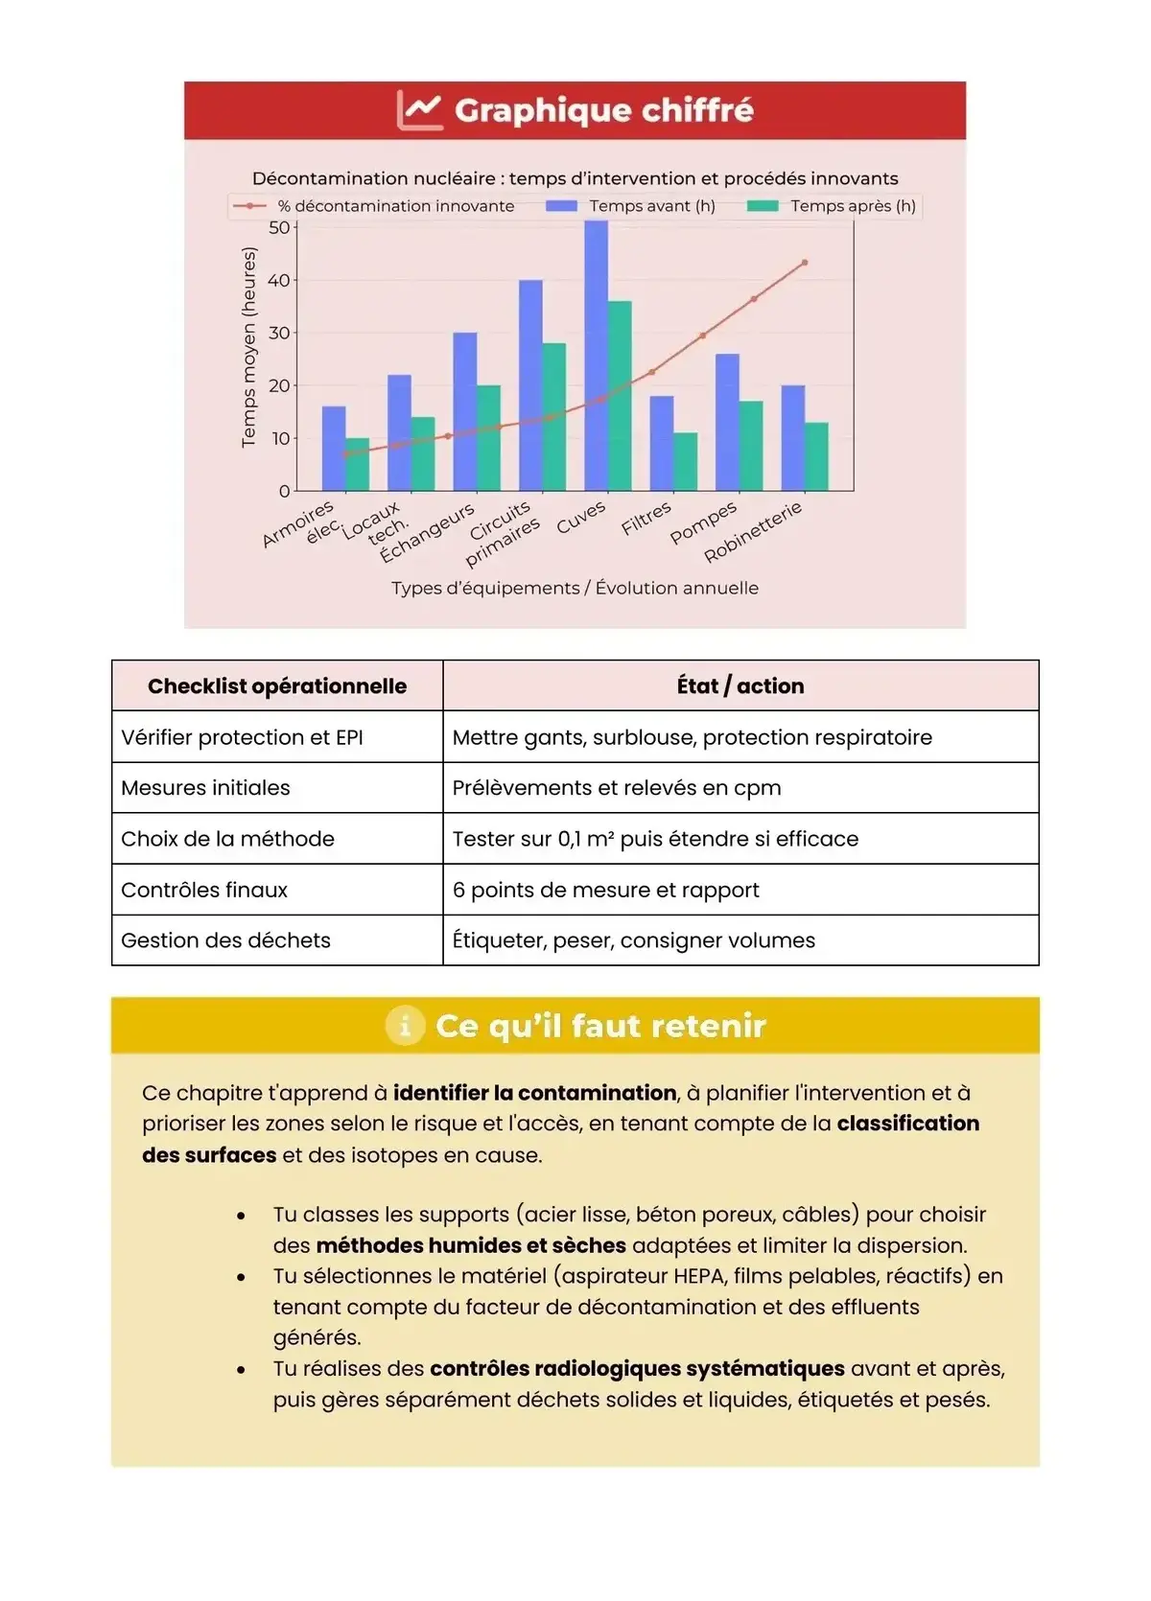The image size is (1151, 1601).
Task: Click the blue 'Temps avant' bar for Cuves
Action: point(596,355)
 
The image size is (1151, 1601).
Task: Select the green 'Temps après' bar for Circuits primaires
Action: point(554,417)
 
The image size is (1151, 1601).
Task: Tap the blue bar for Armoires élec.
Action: point(334,449)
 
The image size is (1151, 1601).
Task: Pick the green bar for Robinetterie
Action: point(816,456)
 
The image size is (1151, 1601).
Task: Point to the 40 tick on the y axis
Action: point(278,281)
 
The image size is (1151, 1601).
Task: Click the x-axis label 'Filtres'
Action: point(646,519)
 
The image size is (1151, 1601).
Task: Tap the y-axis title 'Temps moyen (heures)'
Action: point(249,347)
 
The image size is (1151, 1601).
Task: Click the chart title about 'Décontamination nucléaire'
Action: point(575,178)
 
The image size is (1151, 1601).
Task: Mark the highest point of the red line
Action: point(805,263)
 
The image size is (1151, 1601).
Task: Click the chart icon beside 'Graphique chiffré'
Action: point(419,110)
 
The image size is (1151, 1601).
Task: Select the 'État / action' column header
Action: point(740,686)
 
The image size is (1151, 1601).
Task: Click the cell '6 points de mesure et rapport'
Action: point(605,890)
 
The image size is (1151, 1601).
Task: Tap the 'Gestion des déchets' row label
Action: point(225,940)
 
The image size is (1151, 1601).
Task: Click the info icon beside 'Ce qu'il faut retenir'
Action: point(405,1026)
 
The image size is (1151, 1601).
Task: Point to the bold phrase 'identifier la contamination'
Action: point(534,1093)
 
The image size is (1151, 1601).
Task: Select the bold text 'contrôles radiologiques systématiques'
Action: point(637,1369)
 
